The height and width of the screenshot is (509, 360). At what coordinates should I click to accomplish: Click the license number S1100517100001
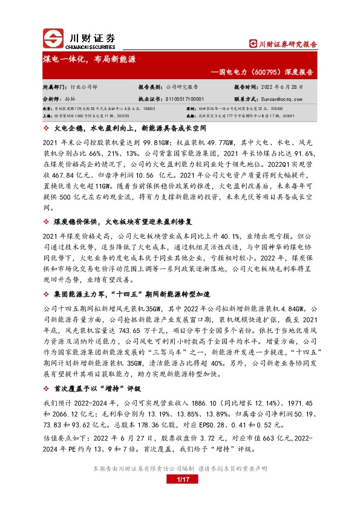(x=185, y=98)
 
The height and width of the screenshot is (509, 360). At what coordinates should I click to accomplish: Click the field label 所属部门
(x=55, y=87)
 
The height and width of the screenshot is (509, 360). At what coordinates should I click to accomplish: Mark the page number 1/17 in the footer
(x=180, y=481)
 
